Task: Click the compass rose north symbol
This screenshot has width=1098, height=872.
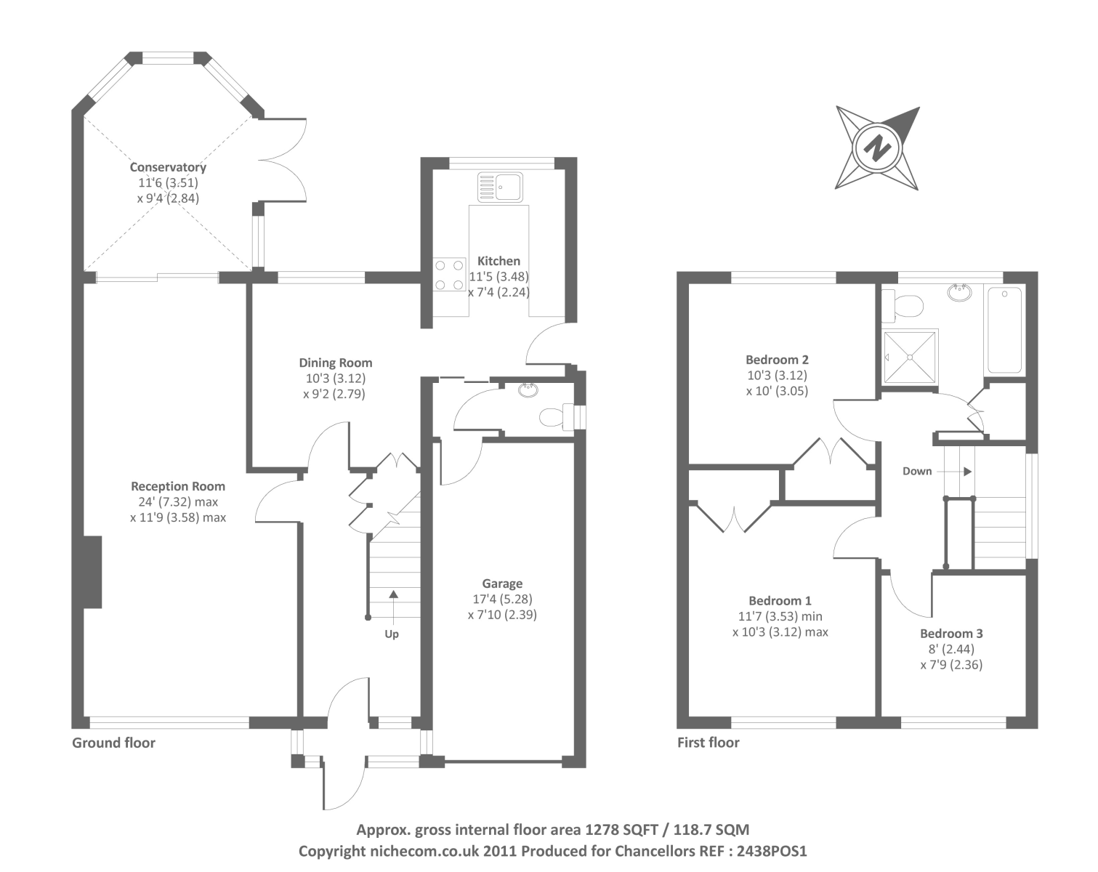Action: [x=877, y=148]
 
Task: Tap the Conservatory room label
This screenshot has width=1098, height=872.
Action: [x=168, y=167]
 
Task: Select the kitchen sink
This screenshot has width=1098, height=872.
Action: [x=500, y=187]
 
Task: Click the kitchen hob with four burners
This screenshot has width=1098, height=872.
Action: [x=450, y=275]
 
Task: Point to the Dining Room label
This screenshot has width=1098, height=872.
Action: [x=335, y=363]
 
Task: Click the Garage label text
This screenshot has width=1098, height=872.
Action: [x=502, y=584]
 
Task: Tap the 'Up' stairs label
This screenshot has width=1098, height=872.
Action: [x=392, y=634]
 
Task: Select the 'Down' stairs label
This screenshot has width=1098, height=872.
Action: [x=917, y=471]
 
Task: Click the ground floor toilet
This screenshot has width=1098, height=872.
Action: [x=556, y=417]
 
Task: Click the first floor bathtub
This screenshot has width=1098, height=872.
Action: [x=1004, y=331]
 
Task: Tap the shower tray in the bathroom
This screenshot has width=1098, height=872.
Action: [x=909, y=356]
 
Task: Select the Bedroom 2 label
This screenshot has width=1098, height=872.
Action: [x=777, y=360]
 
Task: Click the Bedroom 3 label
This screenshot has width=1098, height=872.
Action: [x=951, y=634]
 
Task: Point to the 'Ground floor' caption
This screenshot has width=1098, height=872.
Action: [x=113, y=743]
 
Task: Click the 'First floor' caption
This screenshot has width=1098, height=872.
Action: [x=708, y=743]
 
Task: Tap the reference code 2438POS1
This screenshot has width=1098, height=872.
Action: [x=772, y=851]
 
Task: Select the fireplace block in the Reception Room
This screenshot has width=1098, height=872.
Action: [x=92, y=572]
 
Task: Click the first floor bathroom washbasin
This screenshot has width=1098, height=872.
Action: [x=960, y=293]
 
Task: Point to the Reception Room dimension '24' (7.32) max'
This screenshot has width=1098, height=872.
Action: [x=178, y=502]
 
